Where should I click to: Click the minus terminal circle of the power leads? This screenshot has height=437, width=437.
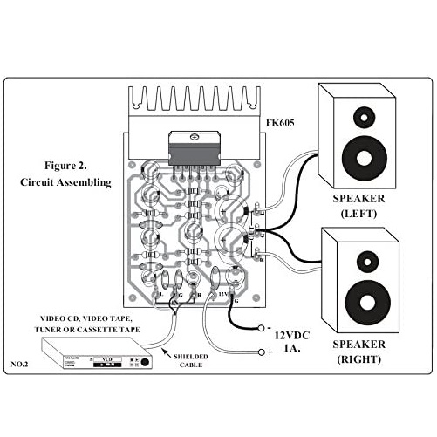click(x=259, y=329)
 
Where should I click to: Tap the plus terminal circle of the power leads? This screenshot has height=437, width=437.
click(x=259, y=352)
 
